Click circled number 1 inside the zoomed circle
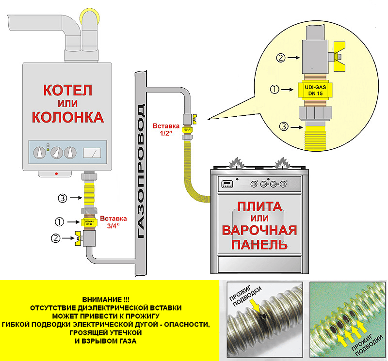pos(274,90)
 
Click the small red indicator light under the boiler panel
pos(57,173)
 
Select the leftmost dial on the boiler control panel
pos(39,154)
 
